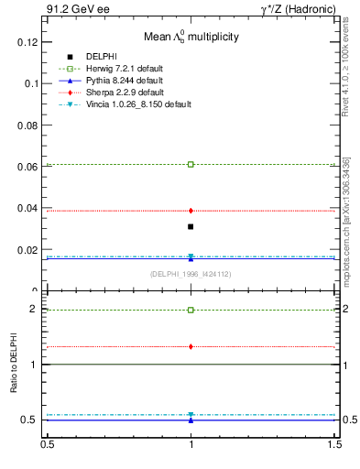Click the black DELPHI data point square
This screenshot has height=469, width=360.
[191, 226]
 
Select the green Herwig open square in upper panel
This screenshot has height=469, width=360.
[191, 164]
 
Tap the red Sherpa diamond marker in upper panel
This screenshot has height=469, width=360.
[191, 211]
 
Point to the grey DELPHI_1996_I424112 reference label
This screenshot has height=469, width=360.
[191, 274]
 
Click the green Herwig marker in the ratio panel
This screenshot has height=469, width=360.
[191, 310]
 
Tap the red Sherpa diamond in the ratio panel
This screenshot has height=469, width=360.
[191, 346]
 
